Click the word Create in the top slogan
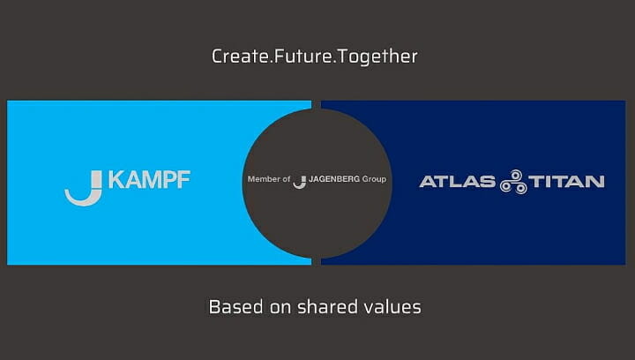click(x=240, y=56)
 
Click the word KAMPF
click(x=149, y=180)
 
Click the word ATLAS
click(x=457, y=182)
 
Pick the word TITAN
click(x=566, y=182)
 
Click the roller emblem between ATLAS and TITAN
click(x=513, y=182)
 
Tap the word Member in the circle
click(x=264, y=179)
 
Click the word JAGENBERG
click(x=334, y=179)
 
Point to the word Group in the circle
click(x=374, y=179)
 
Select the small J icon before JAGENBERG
click(x=300, y=183)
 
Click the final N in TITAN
click(x=596, y=182)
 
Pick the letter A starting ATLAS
click(x=428, y=182)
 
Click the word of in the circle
click(x=287, y=179)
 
